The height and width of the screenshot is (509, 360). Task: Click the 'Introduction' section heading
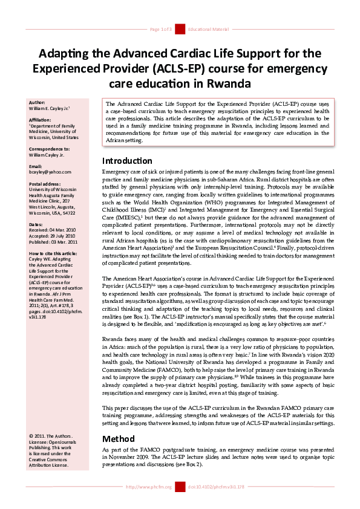(127, 161)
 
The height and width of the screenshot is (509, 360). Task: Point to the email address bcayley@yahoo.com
(50, 172)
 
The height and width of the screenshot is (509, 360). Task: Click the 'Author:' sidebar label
(37, 102)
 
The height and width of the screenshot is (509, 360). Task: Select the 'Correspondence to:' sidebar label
(49, 148)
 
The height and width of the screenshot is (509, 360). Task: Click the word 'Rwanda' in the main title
(224, 82)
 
